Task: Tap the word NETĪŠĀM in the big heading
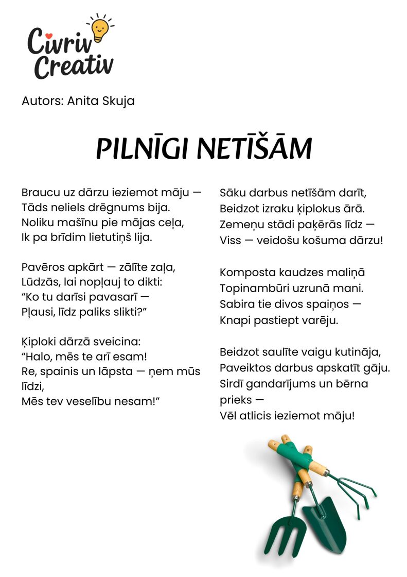(255, 148)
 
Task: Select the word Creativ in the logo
(74, 66)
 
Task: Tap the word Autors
(43, 100)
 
